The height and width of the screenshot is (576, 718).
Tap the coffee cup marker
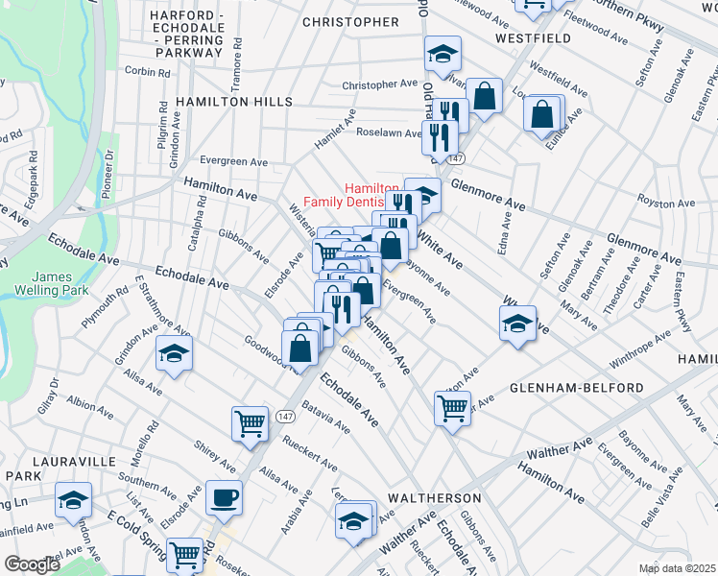click(224, 498)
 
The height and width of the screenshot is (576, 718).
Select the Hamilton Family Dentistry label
click(351, 196)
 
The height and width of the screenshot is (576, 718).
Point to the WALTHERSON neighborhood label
click(434, 499)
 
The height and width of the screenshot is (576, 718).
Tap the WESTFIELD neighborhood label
click(534, 38)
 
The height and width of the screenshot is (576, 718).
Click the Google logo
click(31, 564)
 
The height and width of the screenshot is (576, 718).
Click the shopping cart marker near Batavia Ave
click(250, 421)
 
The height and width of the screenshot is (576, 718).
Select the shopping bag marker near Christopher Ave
click(485, 96)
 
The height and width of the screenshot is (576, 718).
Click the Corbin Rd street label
click(146, 71)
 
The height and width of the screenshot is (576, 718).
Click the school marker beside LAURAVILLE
click(73, 501)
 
